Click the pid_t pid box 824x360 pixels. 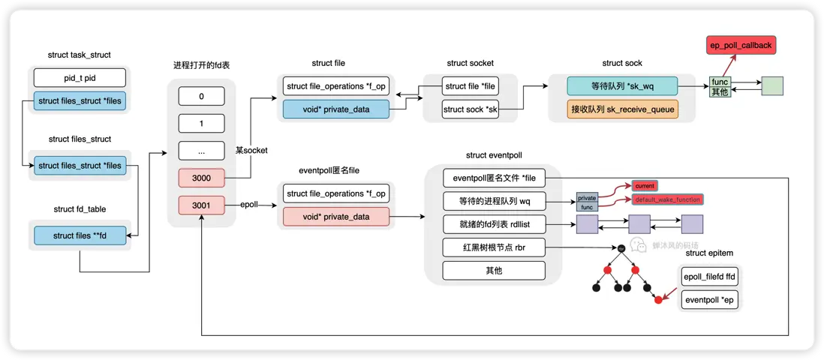(x=79, y=78)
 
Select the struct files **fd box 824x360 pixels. (x=79, y=235)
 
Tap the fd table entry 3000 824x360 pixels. (x=201, y=178)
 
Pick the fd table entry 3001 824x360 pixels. (x=201, y=205)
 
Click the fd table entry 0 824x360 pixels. (x=201, y=96)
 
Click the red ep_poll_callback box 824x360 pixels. (x=741, y=46)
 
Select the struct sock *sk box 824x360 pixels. (x=471, y=109)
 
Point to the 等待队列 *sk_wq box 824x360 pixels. (x=623, y=85)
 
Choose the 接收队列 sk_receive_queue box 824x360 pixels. (x=623, y=109)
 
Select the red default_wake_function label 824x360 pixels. (x=667, y=199)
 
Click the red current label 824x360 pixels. (x=645, y=185)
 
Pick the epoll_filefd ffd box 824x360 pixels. (x=710, y=277)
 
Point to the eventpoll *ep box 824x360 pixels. (x=710, y=301)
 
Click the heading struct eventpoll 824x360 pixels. (x=493, y=155)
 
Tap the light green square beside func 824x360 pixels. (x=772, y=85)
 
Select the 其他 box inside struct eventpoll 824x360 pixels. (x=493, y=270)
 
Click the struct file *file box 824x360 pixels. (x=471, y=85)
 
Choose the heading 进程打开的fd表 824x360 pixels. (x=201, y=66)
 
